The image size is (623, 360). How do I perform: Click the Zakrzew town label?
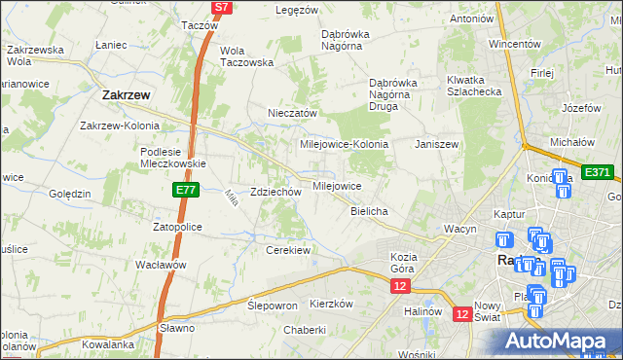[x=125, y=95]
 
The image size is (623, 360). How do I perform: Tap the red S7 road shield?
[x=222, y=7]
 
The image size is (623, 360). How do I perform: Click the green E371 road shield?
[x=597, y=172]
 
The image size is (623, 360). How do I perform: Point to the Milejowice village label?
[x=337, y=186]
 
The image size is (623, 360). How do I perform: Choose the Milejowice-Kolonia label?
[x=344, y=144]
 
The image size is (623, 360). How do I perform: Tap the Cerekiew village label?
[x=288, y=250]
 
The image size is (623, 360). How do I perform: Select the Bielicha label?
[x=370, y=211]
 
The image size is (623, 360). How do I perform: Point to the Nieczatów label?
[x=293, y=113]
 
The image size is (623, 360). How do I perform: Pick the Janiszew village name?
[x=436, y=144]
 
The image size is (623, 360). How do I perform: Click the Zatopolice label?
[x=176, y=227]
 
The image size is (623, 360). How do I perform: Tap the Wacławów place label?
[x=161, y=265]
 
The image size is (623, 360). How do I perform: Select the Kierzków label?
[x=330, y=304]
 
